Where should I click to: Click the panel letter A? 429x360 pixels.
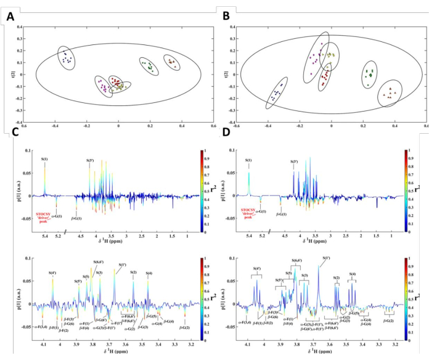[x=10, y=17]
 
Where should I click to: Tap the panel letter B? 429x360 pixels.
[x=224, y=17]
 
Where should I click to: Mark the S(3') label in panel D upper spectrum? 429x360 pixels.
[x=295, y=162]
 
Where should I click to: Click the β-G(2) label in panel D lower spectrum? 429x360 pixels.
[x=388, y=321]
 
